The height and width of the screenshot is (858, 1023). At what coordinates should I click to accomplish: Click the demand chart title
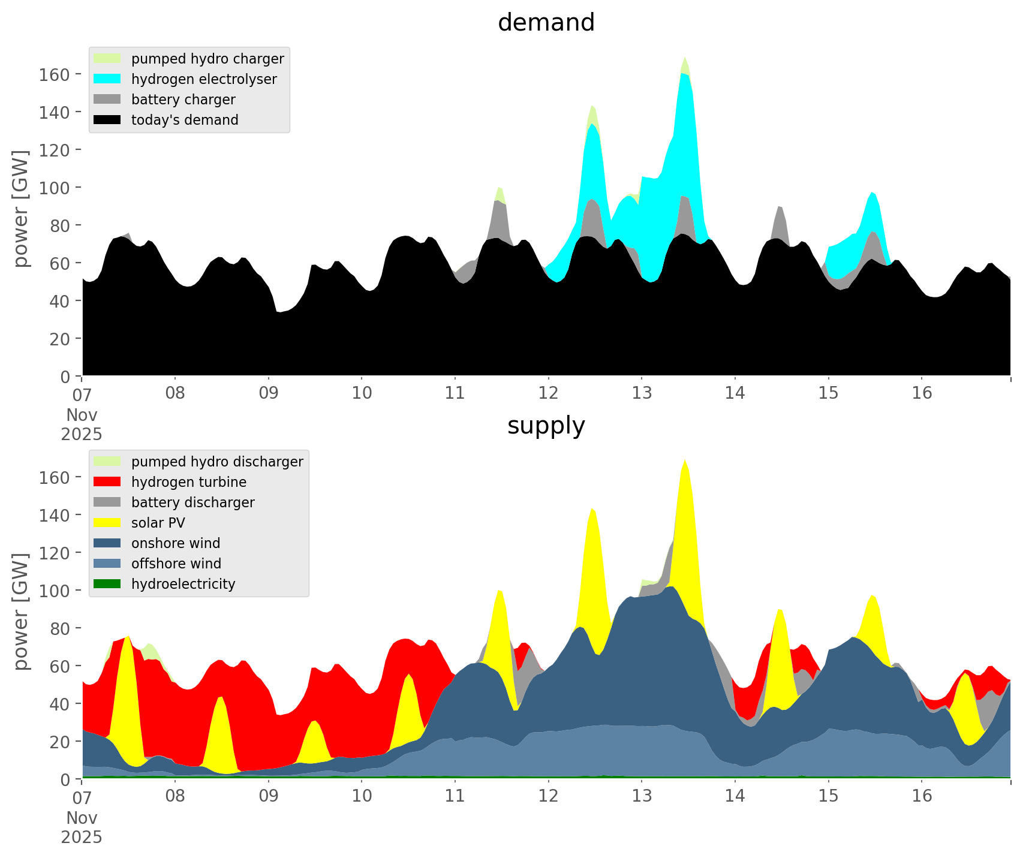point(546,23)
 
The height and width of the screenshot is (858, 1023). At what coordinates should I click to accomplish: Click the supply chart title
point(546,426)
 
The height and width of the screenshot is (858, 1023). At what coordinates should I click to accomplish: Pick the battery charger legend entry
point(183,100)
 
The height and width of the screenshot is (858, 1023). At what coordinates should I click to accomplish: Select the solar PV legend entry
point(158,523)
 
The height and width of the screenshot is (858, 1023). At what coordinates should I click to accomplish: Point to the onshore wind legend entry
point(175,544)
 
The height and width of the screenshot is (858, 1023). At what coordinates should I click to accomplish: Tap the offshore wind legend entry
point(176,564)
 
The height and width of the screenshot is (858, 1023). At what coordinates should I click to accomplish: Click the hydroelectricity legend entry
point(183,585)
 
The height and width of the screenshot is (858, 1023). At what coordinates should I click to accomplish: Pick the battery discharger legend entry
point(192,503)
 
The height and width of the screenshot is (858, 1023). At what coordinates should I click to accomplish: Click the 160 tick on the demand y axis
point(55,74)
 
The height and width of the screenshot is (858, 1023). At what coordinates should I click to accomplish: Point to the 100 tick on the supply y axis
point(55,591)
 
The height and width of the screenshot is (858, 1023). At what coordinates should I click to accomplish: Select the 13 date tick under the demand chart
point(642,393)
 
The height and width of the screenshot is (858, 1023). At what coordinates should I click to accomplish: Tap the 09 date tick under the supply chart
point(269,796)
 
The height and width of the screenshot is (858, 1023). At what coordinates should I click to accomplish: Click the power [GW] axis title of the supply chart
point(21,612)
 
